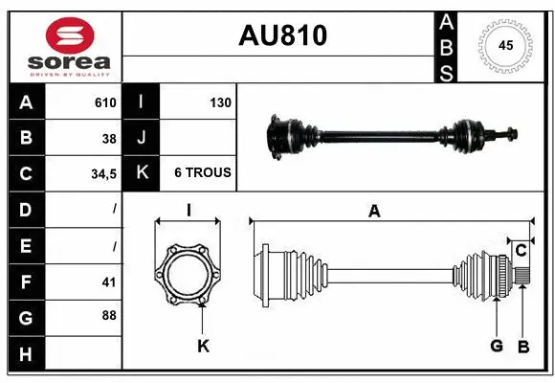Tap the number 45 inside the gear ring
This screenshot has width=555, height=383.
point(504,45)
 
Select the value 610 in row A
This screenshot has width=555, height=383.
point(105,102)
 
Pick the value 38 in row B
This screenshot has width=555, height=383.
point(109,138)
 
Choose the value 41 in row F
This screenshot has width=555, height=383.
point(109,282)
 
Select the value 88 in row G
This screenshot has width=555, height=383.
point(109,316)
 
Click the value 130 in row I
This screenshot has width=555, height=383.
point(219,102)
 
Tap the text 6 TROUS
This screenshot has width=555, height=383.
point(202,173)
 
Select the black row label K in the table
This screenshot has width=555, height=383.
point(142,173)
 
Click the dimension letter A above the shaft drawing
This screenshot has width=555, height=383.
point(374,212)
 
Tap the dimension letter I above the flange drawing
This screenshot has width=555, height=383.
point(189,211)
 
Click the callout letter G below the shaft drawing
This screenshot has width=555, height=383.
point(496,346)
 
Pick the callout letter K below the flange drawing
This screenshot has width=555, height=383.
point(203,346)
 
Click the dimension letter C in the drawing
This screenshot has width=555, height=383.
point(521,251)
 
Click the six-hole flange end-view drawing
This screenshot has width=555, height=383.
point(189,276)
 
